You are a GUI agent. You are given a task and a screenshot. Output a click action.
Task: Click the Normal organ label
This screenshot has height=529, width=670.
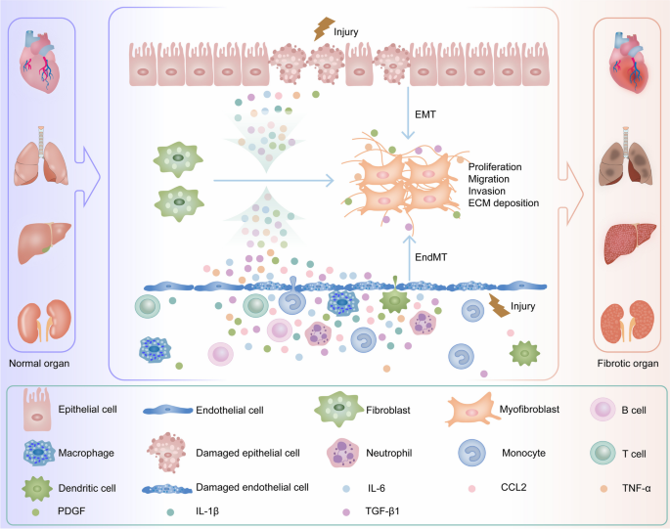pos(45,364)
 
